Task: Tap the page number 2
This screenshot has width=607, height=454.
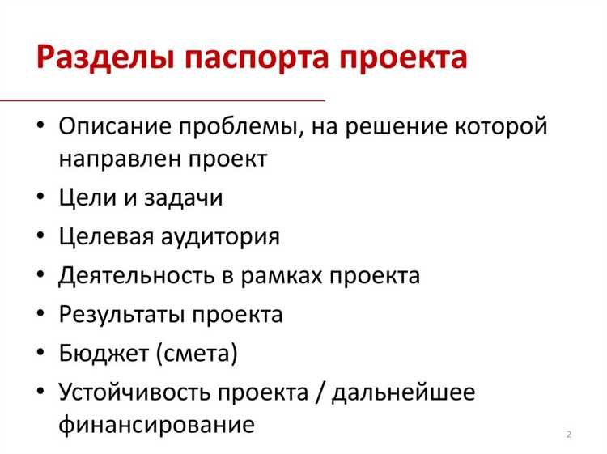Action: (569, 435)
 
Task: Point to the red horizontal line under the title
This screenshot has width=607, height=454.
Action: (162, 100)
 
